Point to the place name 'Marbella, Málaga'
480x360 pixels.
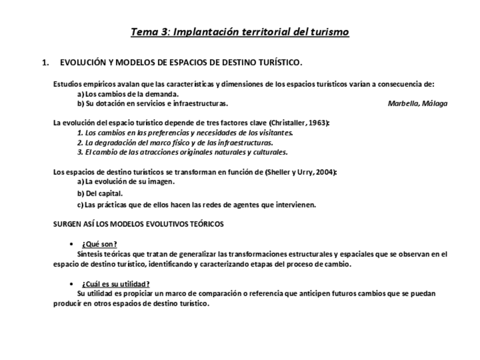(x=418, y=104)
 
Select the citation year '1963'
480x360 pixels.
(x=318, y=123)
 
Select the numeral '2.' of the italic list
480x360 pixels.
(x=80, y=143)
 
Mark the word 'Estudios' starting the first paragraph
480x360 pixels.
(x=67, y=84)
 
